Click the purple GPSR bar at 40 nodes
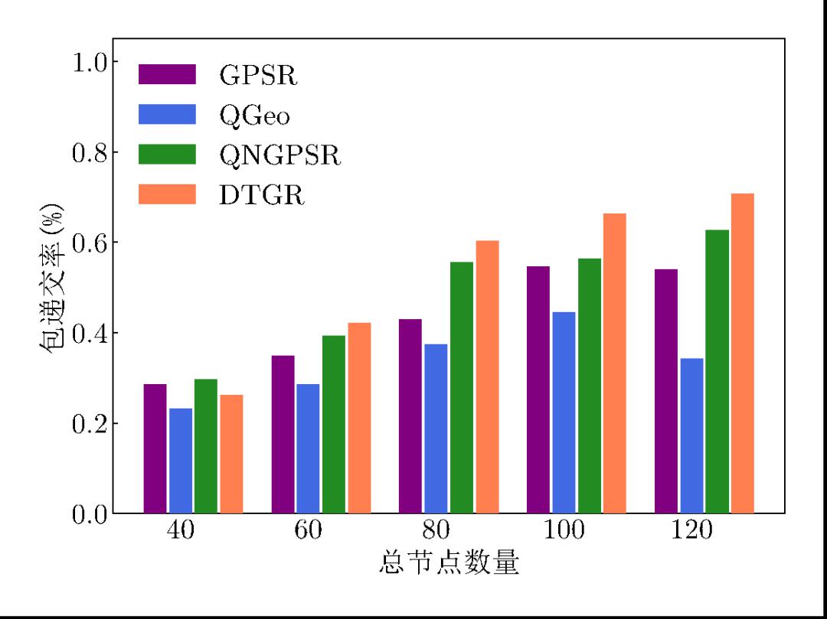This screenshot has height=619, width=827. pyautogui.click(x=155, y=448)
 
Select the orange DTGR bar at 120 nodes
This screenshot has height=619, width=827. pyautogui.click(x=743, y=353)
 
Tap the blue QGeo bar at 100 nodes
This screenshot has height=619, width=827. pyautogui.click(x=564, y=412)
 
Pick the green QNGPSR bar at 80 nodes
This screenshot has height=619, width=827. pyautogui.click(x=462, y=387)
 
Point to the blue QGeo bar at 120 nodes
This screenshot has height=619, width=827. pyautogui.click(x=691, y=435)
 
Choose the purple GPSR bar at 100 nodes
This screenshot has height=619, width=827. pyautogui.click(x=538, y=389)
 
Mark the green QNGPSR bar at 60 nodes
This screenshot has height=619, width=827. pyautogui.click(x=334, y=424)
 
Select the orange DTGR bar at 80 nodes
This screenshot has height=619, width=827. pyautogui.click(x=488, y=376)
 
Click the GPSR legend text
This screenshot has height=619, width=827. pyautogui.click(x=258, y=75)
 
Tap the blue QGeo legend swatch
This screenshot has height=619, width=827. pyautogui.click(x=167, y=115)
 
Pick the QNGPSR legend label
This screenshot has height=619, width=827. pyautogui.click(x=279, y=155)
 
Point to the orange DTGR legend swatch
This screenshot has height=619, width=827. pyautogui.click(x=167, y=195)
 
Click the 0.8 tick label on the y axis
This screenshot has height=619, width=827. pyautogui.click(x=90, y=152)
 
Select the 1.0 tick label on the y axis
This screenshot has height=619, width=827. pyautogui.click(x=90, y=62)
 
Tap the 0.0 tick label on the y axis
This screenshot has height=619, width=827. pyautogui.click(x=90, y=514)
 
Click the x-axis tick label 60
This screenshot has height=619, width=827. pyautogui.click(x=308, y=530)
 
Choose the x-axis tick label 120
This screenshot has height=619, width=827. pyautogui.click(x=691, y=530)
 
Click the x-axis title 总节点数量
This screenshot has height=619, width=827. pyautogui.click(x=449, y=564)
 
